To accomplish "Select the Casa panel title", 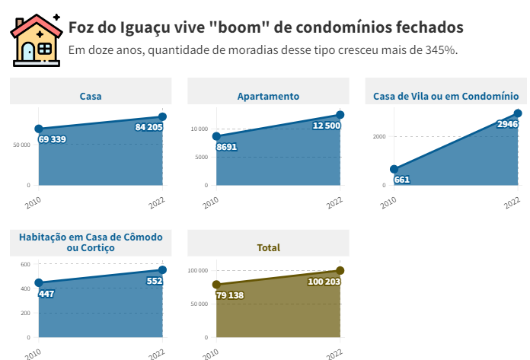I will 91,96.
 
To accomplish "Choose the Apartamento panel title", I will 268,96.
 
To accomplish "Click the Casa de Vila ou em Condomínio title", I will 446,96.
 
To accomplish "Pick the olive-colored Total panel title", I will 268,247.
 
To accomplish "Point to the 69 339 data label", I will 51,139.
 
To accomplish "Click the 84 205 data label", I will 148,127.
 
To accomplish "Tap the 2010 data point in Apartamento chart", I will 216,137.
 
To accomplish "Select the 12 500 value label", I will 327,125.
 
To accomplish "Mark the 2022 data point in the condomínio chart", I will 518,113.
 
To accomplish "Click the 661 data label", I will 402,180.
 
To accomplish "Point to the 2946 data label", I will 506,124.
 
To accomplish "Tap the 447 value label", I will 46,293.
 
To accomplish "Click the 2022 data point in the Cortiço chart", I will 162,270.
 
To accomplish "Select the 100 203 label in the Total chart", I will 321,282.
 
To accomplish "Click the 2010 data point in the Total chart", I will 216,285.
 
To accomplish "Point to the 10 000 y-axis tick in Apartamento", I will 199,129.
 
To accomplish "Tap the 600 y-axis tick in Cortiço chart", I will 25,264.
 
